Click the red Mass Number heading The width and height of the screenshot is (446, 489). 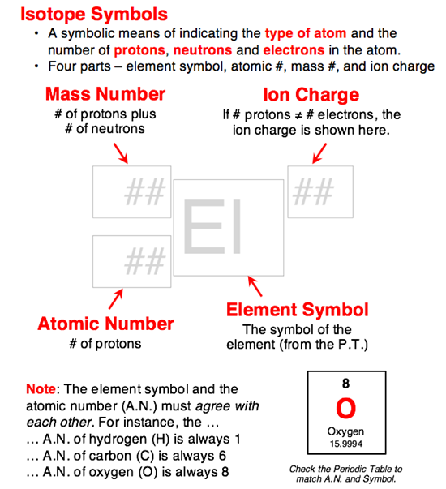(105, 94)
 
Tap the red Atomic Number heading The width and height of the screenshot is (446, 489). (105, 324)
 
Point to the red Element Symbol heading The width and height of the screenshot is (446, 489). (297, 310)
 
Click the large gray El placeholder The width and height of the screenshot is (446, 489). (213, 227)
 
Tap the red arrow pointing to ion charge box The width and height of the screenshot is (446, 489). (320, 151)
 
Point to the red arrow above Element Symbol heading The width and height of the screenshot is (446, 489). (255, 285)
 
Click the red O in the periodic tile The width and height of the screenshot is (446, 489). (345, 406)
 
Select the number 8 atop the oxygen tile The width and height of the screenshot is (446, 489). (345, 384)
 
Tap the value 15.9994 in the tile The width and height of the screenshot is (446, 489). (345, 444)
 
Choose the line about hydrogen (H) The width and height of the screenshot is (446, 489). (118, 438)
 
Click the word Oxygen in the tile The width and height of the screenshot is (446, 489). (345, 431)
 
